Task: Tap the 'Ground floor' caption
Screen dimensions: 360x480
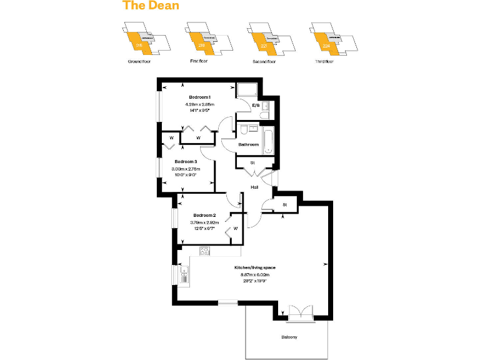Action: [139, 62]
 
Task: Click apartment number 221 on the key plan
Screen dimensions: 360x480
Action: [264, 46]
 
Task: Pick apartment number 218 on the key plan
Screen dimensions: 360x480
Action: [201, 46]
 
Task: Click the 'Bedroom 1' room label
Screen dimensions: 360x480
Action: [200, 97]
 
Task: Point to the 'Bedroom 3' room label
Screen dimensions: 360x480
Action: [186, 161]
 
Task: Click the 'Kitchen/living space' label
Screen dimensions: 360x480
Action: [257, 267]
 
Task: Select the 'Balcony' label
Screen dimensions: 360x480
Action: [289, 337]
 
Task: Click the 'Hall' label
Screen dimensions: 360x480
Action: [255, 187]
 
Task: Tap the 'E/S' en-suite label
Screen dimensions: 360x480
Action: [256, 106]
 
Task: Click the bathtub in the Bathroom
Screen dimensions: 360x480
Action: [269, 140]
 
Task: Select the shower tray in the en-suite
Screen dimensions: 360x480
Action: [247, 89]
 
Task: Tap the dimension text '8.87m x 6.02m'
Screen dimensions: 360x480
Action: [257, 274]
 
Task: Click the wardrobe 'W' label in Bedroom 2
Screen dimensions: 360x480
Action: [236, 229]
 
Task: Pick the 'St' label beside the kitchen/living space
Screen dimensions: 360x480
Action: [284, 204]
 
